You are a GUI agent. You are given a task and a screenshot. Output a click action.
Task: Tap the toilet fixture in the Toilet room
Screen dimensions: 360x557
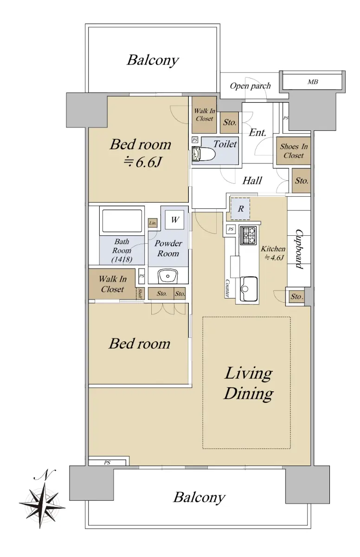pyautogui.click(x=204, y=154)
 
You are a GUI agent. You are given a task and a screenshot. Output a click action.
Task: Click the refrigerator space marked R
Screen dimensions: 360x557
pyautogui.click(x=240, y=209)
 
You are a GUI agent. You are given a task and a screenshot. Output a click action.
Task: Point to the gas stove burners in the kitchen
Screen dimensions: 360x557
pyautogui.click(x=248, y=235)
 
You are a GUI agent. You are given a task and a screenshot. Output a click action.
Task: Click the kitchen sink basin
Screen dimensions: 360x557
pyautogui.click(x=250, y=289)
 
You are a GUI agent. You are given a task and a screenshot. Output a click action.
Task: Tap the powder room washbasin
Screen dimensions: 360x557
pyautogui.click(x=167, y=276)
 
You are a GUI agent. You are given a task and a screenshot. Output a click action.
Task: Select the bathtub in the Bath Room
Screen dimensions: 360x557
pyautogui.click(x=122, y=220)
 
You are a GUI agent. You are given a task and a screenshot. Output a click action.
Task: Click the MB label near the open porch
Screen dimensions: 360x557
pyautogui.click(x=313, y=82)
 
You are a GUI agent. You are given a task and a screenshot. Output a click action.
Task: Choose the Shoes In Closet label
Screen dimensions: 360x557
pyautogui.click(x=294, y=151)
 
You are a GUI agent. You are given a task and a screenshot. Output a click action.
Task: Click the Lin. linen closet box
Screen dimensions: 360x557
pyautogui.click(x=153, y=223)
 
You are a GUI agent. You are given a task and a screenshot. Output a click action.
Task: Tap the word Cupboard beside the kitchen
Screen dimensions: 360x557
pyautogui.click(x=299, y=249)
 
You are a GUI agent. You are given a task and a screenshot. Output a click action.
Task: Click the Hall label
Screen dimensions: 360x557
pyautogui.click(x=252, y=181)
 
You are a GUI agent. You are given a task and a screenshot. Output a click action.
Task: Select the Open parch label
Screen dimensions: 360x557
pyautogui.click(x=250, y=86)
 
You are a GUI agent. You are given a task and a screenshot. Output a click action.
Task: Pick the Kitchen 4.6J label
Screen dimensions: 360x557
pyautogui.click(x=273, y=253)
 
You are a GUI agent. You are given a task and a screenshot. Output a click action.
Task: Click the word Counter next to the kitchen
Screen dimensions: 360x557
pyautogui.click(x=227, y=288)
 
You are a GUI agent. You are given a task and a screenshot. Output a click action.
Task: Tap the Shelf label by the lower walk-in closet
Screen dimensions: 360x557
pyautogui.click(x=140, y=293)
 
